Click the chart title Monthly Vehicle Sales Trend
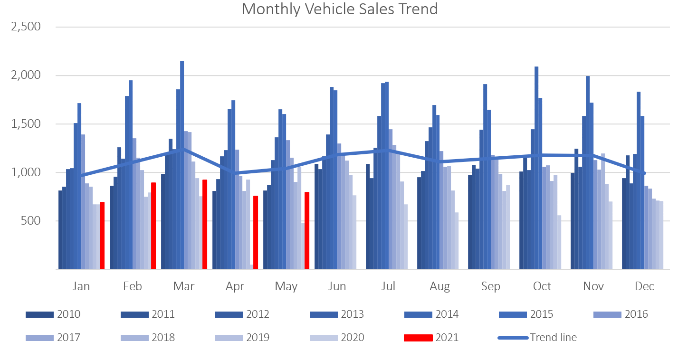339,9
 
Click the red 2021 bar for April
256,232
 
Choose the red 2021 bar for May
307,230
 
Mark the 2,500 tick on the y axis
26,27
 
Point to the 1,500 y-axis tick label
26,124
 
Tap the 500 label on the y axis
30,221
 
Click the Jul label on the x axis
388,286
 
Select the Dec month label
644,286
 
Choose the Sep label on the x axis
490,286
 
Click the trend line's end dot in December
644,173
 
